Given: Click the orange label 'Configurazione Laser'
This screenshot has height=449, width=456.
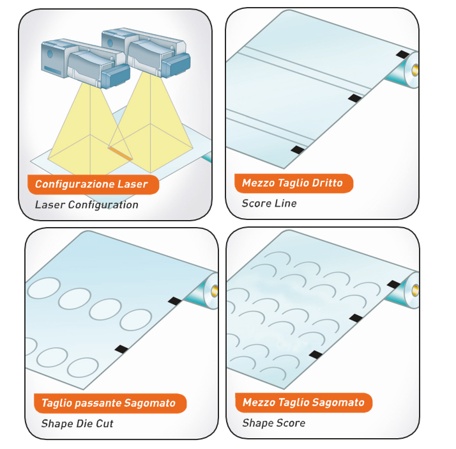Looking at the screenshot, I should [91, 184].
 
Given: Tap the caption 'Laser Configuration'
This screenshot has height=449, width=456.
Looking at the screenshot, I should [86, 205].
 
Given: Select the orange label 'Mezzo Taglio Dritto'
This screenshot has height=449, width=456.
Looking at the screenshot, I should [292, 183].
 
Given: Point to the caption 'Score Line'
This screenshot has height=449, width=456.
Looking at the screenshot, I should [269, 203].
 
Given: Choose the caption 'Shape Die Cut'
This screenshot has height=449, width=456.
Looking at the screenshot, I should [77, 423].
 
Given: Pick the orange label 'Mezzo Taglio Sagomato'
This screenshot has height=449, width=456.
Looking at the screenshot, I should [303, 402].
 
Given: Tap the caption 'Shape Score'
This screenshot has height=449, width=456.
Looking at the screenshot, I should [273, 423].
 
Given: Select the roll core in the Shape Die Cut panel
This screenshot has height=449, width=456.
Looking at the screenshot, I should [213, 290].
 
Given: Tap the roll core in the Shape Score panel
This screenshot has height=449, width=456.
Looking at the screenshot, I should [416, 289].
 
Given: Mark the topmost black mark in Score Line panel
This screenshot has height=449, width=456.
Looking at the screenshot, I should [402, 56].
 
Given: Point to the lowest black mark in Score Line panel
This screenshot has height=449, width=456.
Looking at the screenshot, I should [297, 149].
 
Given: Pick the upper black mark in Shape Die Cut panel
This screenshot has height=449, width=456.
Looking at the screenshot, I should [174, 301].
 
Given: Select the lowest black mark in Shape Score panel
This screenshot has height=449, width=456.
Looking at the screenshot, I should [315, 354].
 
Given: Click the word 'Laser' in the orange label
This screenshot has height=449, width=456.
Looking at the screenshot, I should [133, 184].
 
